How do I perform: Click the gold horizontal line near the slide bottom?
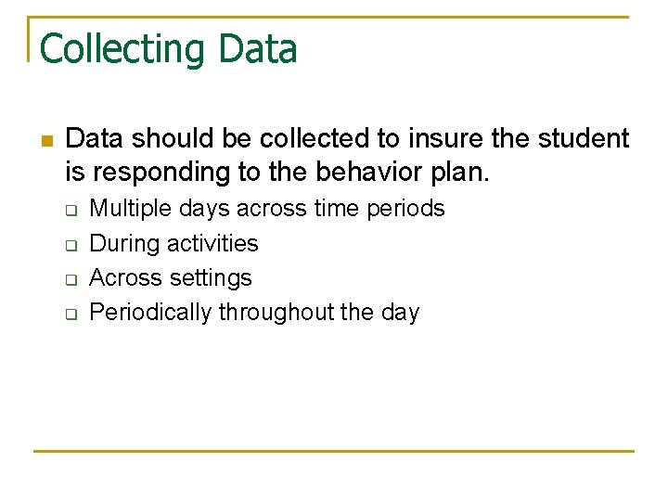pyautogui.click(x=334, y=451)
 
